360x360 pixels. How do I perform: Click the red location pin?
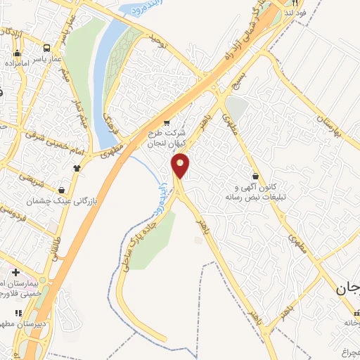coord(181,165)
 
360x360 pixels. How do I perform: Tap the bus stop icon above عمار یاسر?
coord(46,49)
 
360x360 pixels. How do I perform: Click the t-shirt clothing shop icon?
coord(77,167)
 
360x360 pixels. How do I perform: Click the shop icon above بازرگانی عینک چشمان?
coord(63,189)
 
